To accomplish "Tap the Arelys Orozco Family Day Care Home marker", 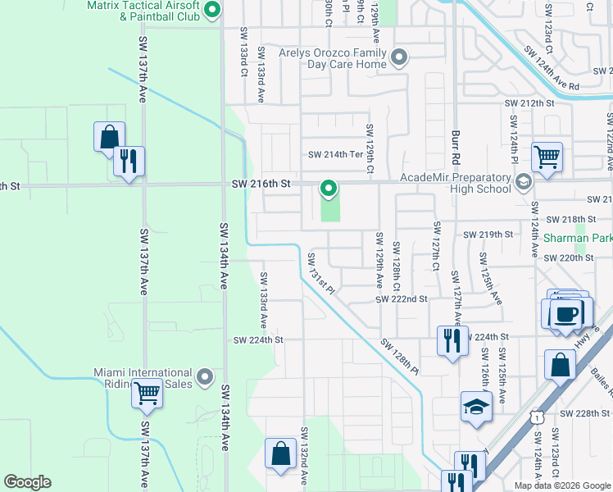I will (x=399, y=57).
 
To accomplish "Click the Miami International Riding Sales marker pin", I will (x=206, y=377).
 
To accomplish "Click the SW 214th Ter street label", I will (x=334, y=154).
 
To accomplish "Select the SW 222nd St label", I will (x=402, y=299).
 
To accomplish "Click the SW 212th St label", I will (x=529, y=103).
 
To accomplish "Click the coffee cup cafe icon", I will (x=565, y=313).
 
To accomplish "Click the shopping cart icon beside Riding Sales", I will (x=148, y=393).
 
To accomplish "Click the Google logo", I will (x=27, y=482).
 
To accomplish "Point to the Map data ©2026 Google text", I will (x=562, y=485).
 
